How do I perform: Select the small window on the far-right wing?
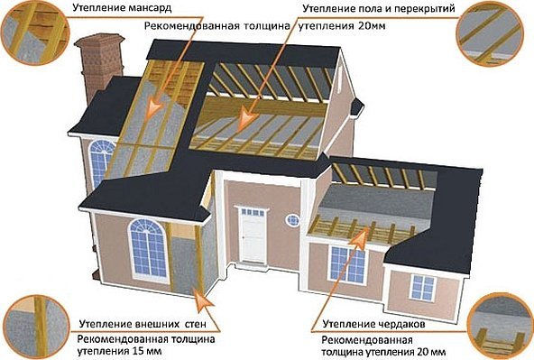[x=423, y=288]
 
